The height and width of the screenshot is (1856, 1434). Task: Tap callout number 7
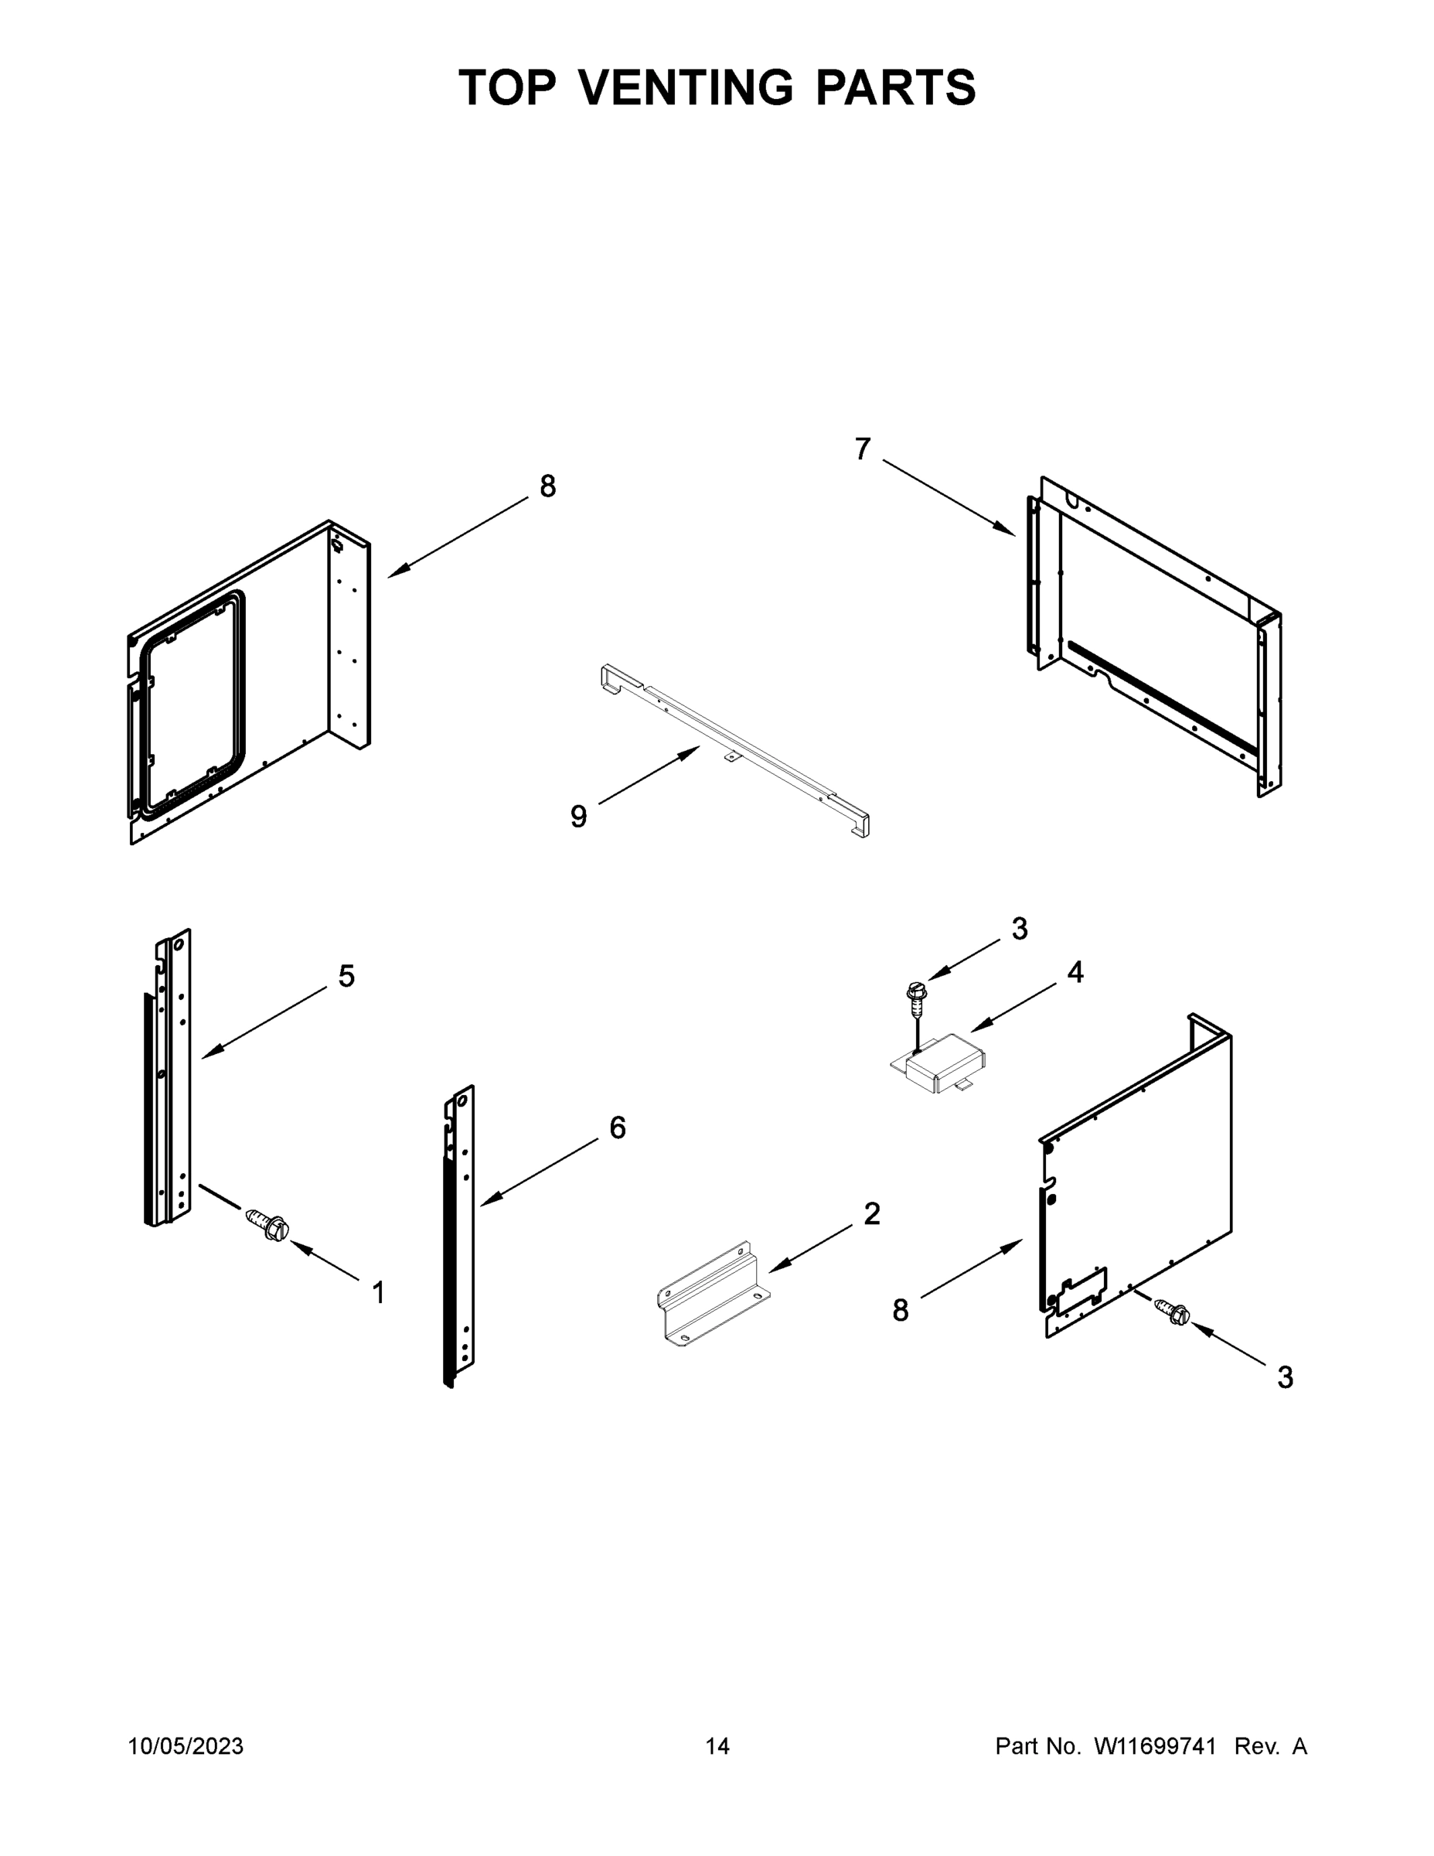(x=862, y=449)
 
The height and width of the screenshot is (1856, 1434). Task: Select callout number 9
(x=578, y=817)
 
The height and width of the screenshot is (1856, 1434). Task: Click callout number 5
(x=346, y=977)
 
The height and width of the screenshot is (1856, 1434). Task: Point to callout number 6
(x=618, y=1128)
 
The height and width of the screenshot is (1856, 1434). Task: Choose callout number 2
(x=872, y=1213)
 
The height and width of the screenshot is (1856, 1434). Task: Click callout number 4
(x=1075, y=972)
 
